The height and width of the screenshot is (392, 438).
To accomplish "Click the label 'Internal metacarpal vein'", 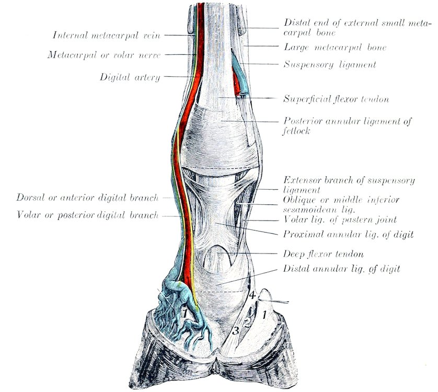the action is [107, 35].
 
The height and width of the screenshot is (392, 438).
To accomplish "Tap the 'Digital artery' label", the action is [130, 77].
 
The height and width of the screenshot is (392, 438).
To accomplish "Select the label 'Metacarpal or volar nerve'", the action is [104, 55].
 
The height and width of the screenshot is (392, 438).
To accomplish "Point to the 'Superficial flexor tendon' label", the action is [336, 99].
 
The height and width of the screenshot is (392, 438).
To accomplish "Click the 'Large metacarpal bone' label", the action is [335, 47].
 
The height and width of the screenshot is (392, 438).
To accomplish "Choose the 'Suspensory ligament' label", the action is [330, 64].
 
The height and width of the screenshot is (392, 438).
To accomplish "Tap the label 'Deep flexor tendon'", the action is [324, 254].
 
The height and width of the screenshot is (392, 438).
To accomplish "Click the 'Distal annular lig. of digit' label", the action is [342, 269].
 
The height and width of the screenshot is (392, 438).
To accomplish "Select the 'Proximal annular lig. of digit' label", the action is [348, 234].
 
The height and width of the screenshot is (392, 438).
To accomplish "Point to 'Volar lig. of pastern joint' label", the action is [340, 220].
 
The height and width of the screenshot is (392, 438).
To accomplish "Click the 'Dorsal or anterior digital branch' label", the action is [87, 198].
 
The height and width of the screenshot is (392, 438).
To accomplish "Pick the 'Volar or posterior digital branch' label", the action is [88, 215].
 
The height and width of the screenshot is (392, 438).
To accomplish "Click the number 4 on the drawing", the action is [252, 295].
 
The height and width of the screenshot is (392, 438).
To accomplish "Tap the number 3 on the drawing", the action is [236, 331].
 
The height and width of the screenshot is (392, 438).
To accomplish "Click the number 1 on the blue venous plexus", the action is [184, 313].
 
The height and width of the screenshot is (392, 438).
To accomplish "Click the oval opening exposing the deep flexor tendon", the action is [217, 258].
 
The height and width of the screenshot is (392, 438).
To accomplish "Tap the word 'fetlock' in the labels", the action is [296, 131].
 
